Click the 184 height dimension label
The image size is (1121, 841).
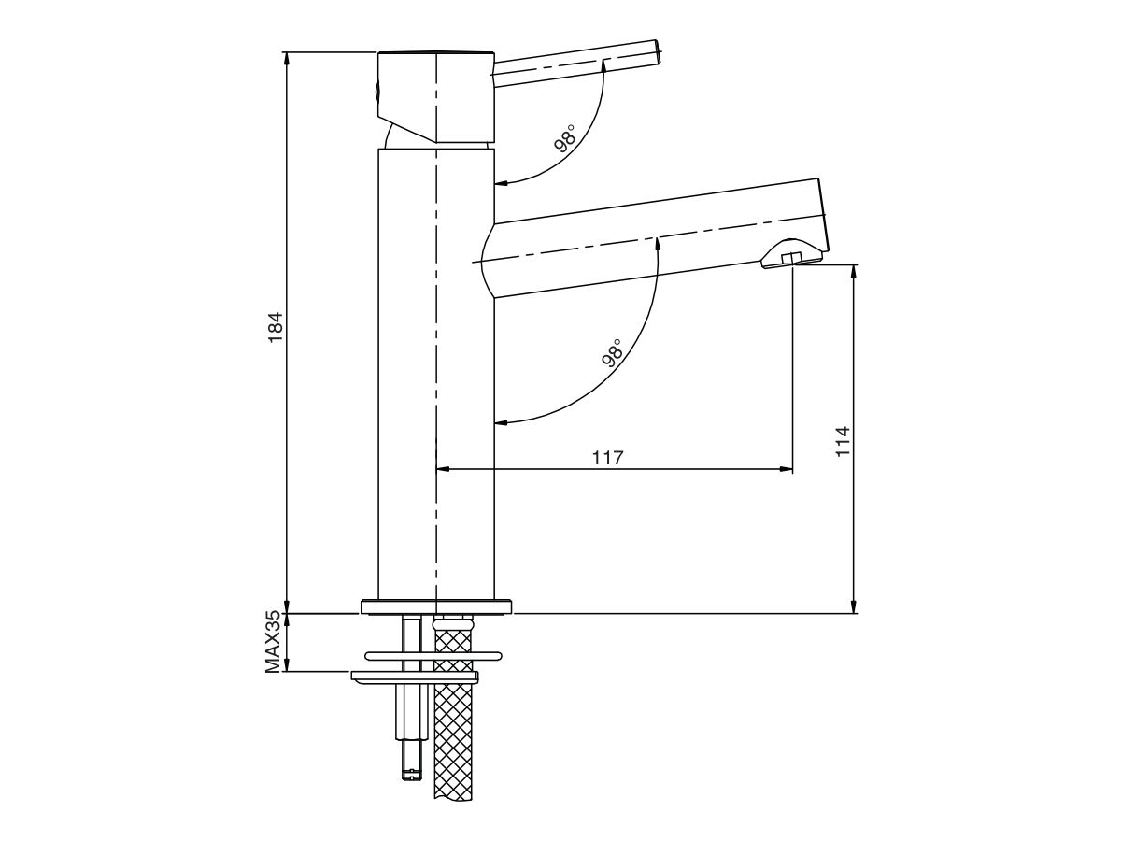275,329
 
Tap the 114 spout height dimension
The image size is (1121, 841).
844,441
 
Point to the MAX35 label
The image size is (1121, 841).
273,642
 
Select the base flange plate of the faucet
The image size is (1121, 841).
436,606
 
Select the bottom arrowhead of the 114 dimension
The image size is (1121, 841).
854,607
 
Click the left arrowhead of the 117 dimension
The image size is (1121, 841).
444,469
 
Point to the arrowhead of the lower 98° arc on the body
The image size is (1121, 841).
500,423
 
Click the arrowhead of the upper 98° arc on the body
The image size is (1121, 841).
500,182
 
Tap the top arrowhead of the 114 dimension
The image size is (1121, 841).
854,272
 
